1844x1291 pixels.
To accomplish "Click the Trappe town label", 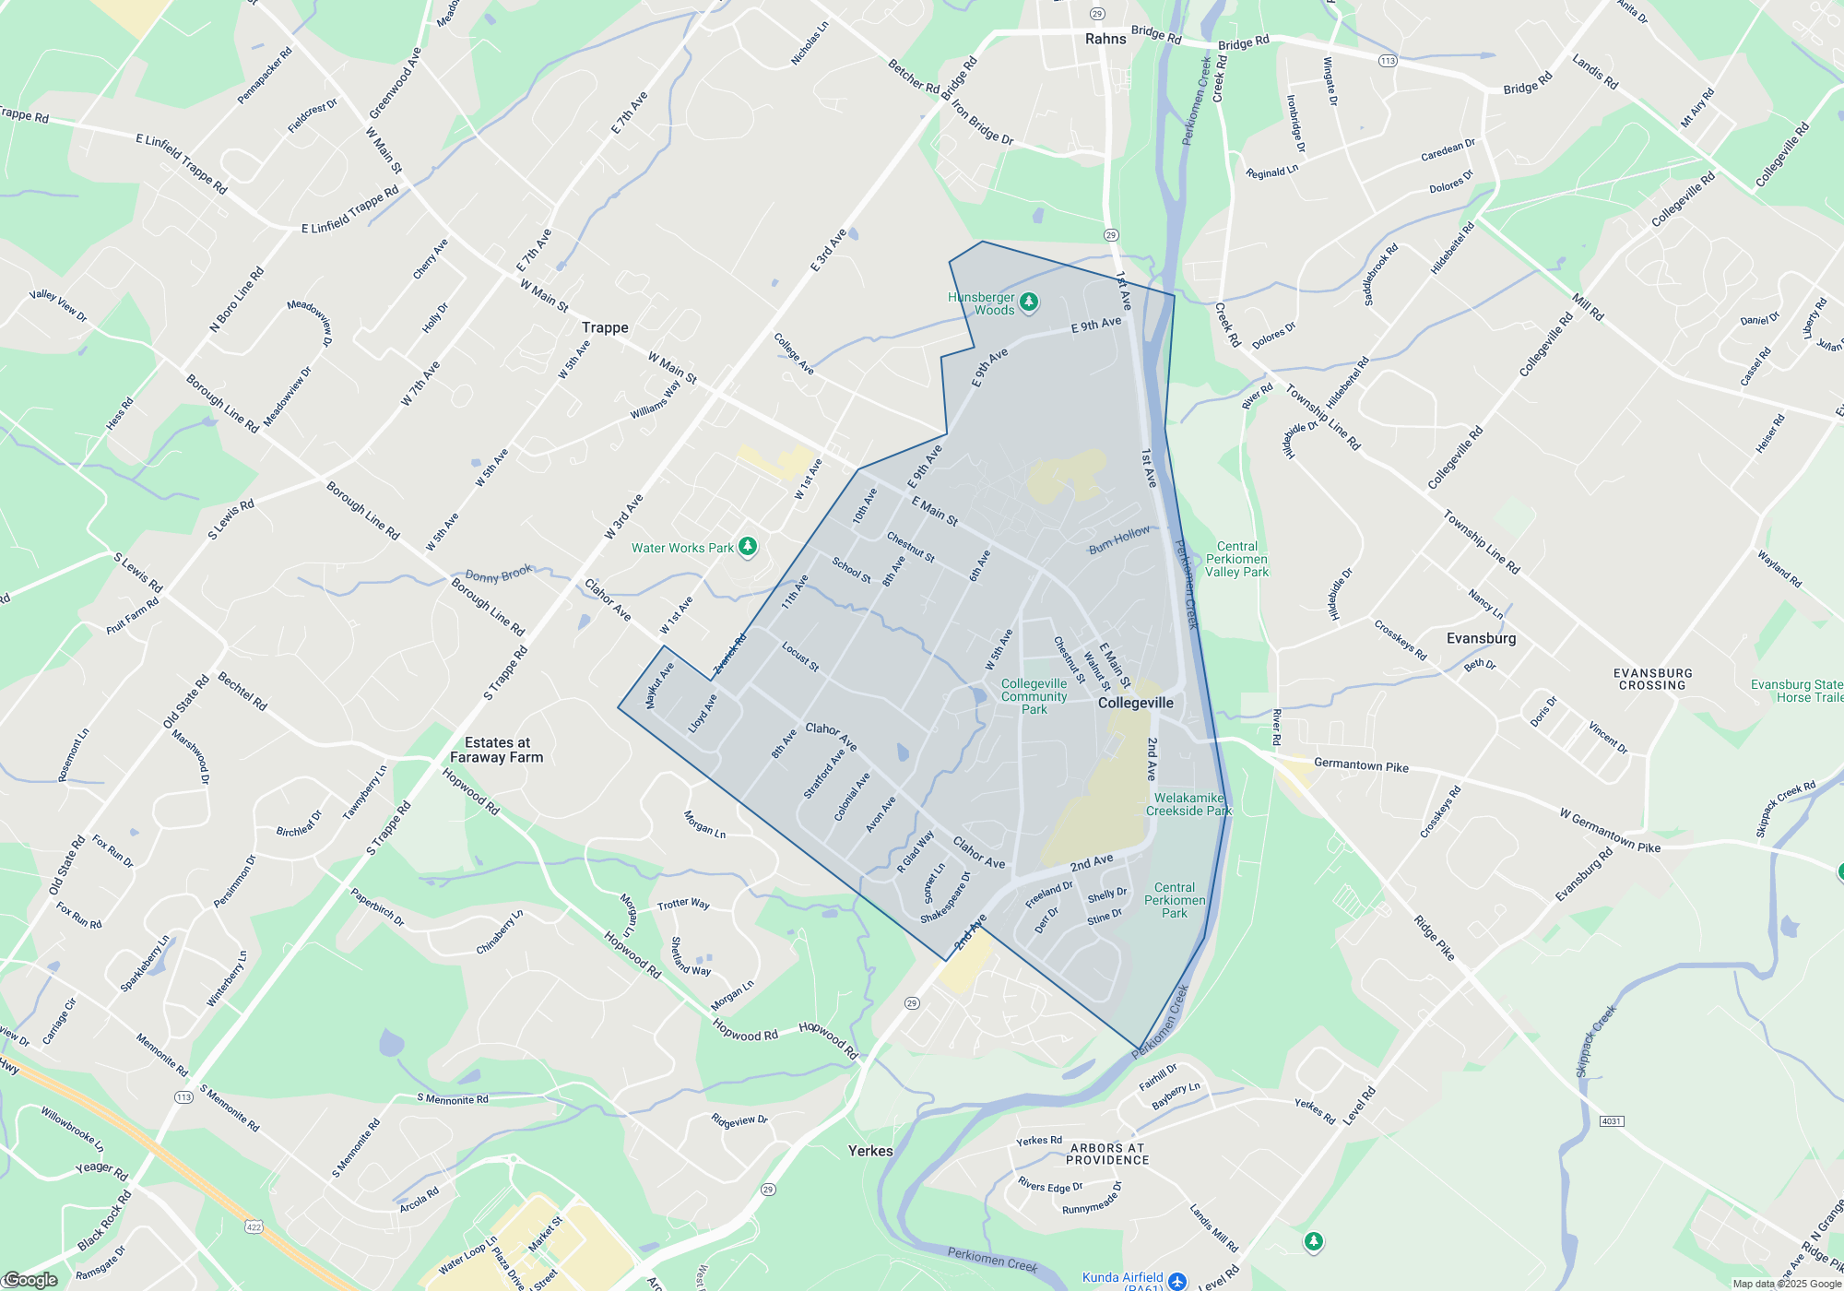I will pyautogui.click(x=605, y=327).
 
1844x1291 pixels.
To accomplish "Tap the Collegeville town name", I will pyautogui.click(x=1135, y=703).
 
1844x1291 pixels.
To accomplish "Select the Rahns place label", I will pyautogui.click(x=1105, y=39).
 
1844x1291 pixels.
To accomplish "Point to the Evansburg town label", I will pyautogui.click(x=1481, y=638).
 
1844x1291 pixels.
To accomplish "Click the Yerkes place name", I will pyautogui.click(x=870, y=1151).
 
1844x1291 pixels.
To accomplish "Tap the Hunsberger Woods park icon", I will pyautogui.click(x=1029, y=302).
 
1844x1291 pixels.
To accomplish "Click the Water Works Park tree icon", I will pyautogui.click(x=748, y=547).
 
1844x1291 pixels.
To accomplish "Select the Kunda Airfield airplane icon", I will pyautogui.click(x=1176, y=1280).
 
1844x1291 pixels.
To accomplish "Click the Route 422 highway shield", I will pyautogui.click(x=254, y=1226).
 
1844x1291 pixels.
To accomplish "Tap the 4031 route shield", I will pyautogui.click(x=1611, y=1121).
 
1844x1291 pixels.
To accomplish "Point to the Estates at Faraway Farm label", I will pyautogui.click(x=497, y=750).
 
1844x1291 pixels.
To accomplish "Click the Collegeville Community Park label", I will pyautogui.click(x=1034, y=696).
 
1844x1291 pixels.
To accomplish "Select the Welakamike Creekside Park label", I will pyautogui.click(x=1188, y=804).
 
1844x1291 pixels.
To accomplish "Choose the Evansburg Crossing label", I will pyautogui.click(x=1652, y=680).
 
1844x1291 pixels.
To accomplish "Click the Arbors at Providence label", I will pyautogui.click(x=1107, y=1154).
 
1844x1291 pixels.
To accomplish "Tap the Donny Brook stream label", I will pyautogui.click(x=498, y=574).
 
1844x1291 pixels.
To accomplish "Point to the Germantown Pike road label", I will pyautogui.click(x=1361, y=765).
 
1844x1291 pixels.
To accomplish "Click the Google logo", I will pyautogui.click(x=31, y=1280).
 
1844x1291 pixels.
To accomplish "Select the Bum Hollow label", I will pyautogui.click(x=1119, y=539).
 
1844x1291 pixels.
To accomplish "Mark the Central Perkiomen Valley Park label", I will pyautogui.click(x=1236, y=560).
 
